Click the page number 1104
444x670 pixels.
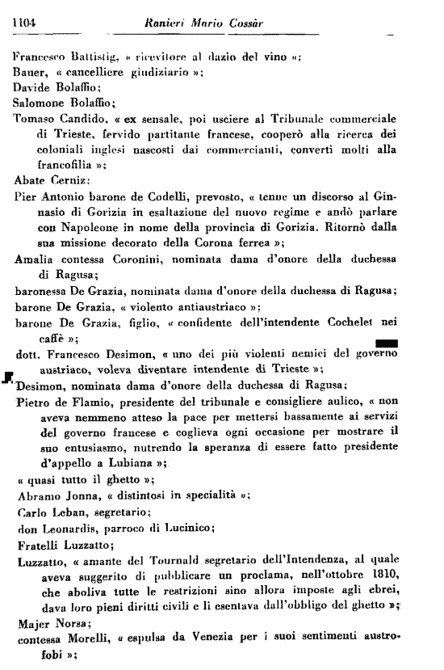[27, 24]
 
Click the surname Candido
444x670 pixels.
[89, 117]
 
